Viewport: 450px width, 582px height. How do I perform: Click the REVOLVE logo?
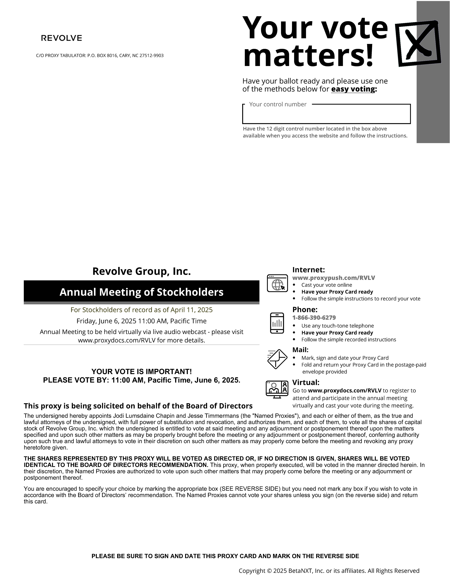61,38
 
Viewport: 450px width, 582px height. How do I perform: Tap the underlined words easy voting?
353,89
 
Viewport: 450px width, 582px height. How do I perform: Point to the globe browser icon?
277,283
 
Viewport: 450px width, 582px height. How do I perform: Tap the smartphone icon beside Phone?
277,323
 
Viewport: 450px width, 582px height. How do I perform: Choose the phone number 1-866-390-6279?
314,318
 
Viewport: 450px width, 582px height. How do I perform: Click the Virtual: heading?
306,382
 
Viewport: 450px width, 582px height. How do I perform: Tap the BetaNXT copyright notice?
329,571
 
